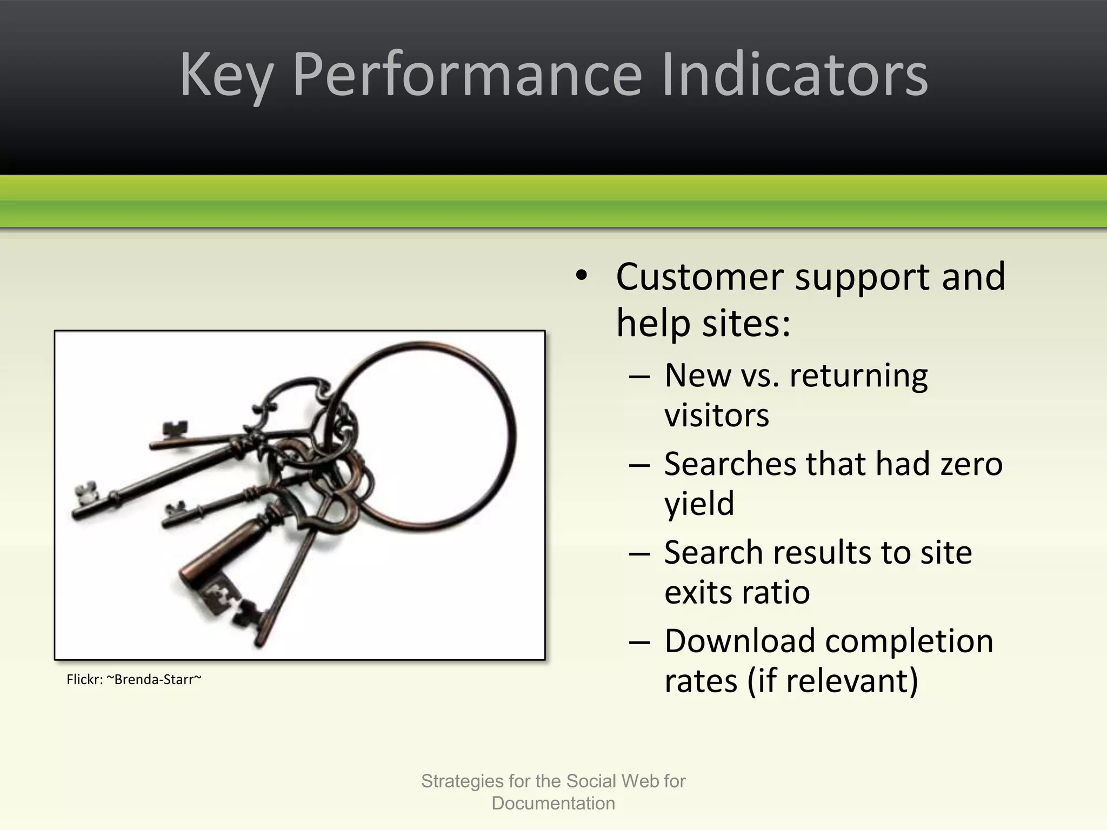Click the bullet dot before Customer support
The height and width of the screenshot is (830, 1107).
pyautogui.click(x=581, y=276)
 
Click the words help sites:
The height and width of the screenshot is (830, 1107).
pyautogui.click(x=703, y=323)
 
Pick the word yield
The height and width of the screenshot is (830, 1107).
pyautogui.click(x=699, y=504)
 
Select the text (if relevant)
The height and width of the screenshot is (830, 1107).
pyautogui.click(x=832, y=681)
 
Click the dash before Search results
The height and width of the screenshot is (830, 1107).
pyautogui.click(x=639, y=553)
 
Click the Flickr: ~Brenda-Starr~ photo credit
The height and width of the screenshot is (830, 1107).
pyautogui.click(x=134, y=679)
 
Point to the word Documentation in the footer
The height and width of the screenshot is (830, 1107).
pyautogui.click(x=553, y=804)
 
